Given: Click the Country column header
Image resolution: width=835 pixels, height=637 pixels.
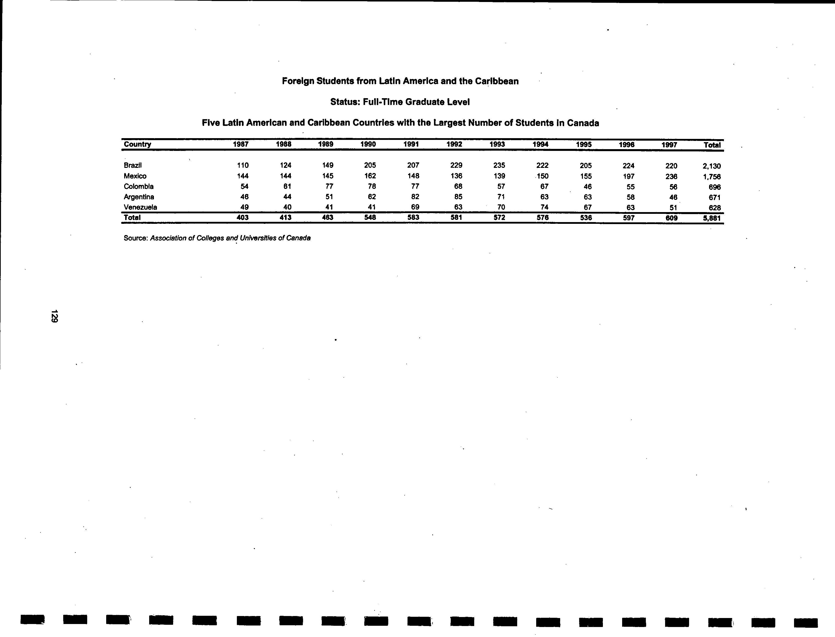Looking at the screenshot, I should [137, 144].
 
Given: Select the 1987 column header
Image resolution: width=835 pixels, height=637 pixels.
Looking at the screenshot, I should [241, 144].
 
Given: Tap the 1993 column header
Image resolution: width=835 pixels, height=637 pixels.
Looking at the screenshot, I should [497, 144].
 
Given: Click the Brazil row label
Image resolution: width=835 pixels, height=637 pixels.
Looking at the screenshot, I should [133, 165].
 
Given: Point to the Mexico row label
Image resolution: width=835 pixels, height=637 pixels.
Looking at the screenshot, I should [135, 176].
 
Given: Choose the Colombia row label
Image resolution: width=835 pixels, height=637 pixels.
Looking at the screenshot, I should [138, 186].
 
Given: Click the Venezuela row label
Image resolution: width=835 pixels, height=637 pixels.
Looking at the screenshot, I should [140, 207].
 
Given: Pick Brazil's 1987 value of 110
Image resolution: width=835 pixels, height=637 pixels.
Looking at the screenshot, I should [243, 165].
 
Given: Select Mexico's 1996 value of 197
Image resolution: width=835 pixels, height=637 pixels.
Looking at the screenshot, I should [629, 176].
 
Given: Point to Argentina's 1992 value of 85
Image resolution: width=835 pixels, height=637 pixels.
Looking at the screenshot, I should [458, 197].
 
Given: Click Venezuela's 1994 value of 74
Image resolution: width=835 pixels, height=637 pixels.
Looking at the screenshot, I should [544, 207].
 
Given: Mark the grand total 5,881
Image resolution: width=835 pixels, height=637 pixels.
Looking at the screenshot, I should [711, 218].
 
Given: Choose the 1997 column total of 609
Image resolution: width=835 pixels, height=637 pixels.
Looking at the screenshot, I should [672, 218].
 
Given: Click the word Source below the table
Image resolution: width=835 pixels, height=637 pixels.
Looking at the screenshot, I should [135, 238].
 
